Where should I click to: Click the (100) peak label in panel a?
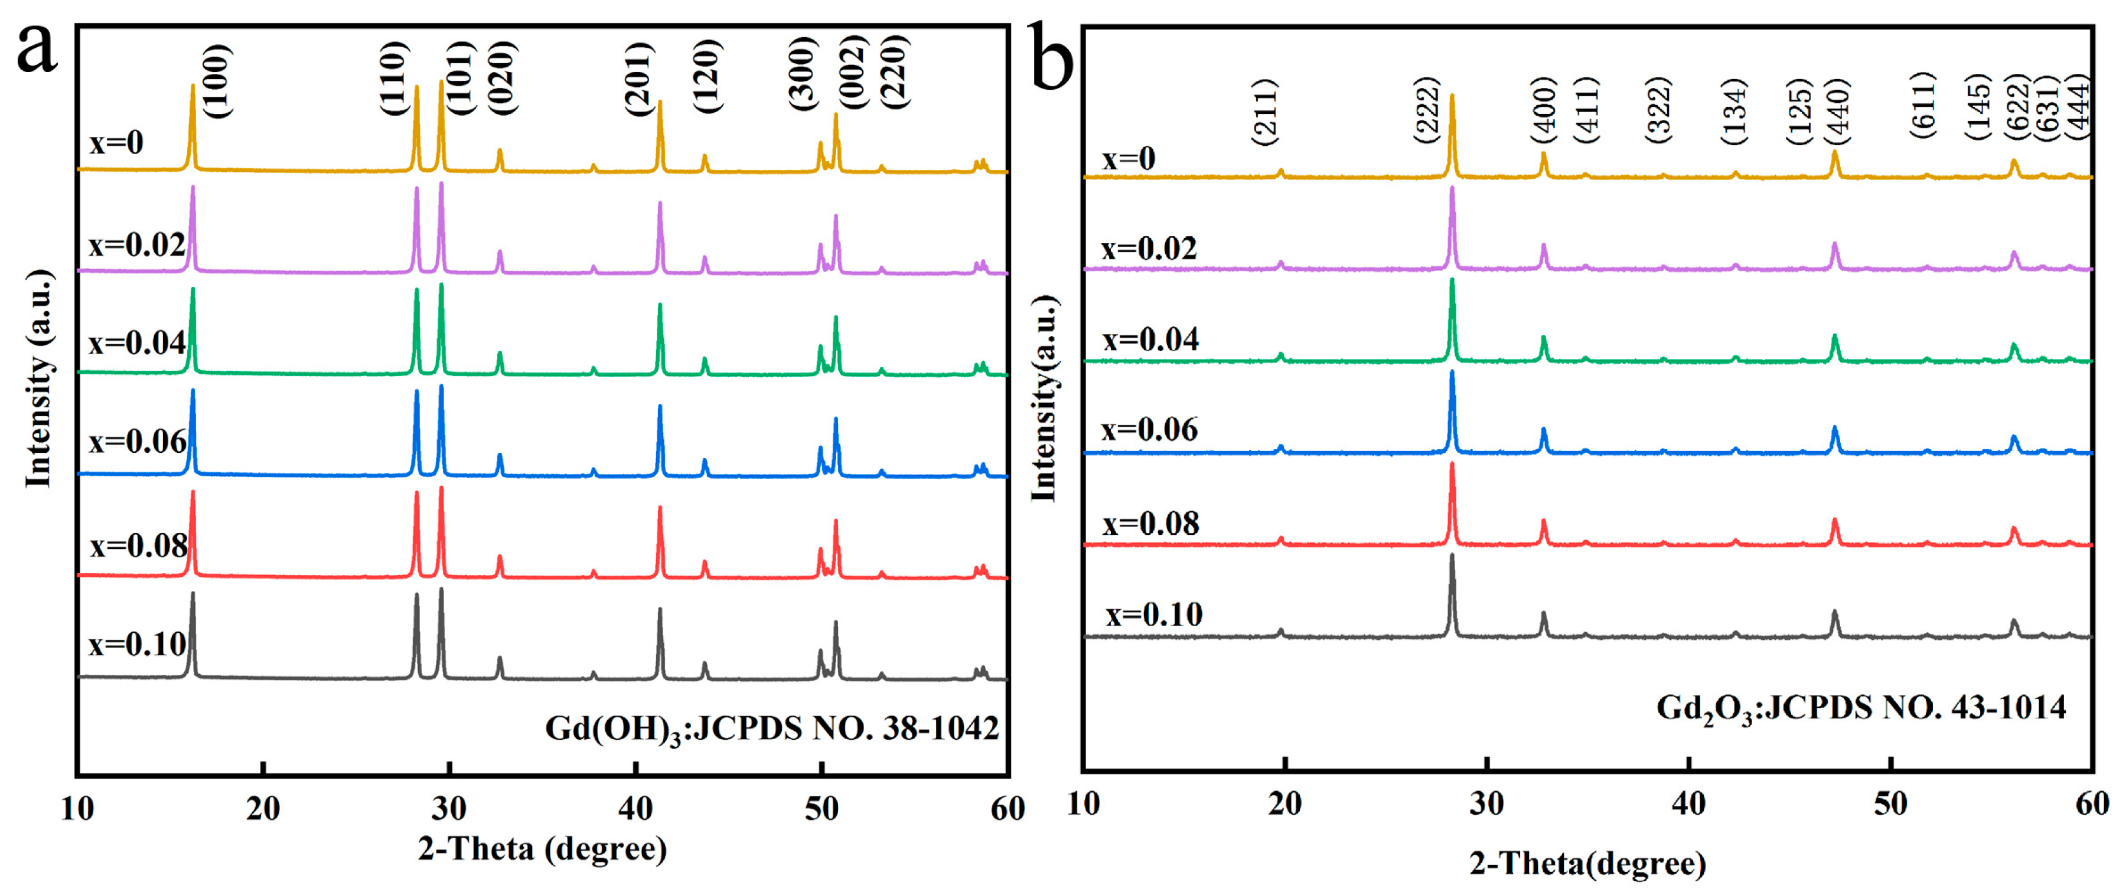pos(218,80)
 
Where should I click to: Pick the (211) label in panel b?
pos(1266,113)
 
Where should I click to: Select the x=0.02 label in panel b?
pos(1149,248)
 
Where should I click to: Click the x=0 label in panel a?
pos(117,143)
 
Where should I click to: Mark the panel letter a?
pos(37,48)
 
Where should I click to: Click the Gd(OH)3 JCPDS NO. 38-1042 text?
pos(771,728)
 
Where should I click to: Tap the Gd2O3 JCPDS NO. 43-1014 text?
pos(1860,707)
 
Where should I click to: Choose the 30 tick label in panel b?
pos(1487,803)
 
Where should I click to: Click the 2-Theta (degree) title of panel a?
pos(542,848)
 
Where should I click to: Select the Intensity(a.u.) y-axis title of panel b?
pos(1043,398)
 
